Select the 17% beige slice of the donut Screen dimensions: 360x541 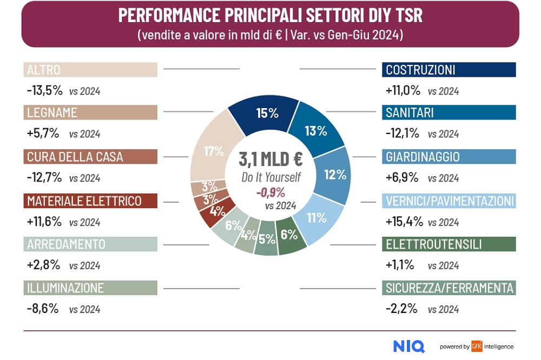tap(212, 151)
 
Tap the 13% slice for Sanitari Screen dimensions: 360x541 tap(316, 131)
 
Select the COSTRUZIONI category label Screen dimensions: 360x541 tap(448, 70)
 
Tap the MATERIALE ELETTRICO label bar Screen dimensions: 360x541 tap(91, 201)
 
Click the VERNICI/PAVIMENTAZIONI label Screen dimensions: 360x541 tap(448, 201)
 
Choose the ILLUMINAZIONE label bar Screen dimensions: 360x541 tap(91, 288)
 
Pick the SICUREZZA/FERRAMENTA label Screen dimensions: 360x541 tap(448, 288)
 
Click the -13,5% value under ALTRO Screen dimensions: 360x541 tap(44, 91)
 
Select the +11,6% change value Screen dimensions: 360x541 tap(44, 222)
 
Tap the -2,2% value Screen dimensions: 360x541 tap(401, 309)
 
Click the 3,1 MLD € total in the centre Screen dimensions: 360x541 tap(270, 159)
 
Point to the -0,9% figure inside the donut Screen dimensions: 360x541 tap(270, 192)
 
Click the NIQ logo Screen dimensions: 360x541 tap(408, 346)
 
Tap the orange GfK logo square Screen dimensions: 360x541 tap(476, 346)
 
